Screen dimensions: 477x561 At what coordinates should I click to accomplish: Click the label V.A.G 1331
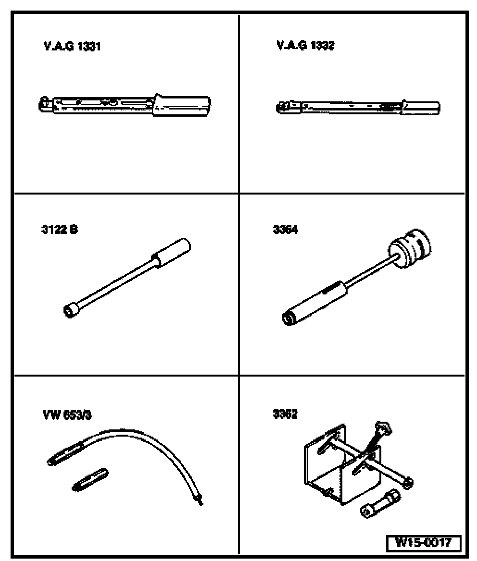72,47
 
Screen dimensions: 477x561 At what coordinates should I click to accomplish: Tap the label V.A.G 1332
306,46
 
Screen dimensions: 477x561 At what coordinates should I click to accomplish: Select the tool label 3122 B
59,229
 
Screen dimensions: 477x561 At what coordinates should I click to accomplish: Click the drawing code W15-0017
423,543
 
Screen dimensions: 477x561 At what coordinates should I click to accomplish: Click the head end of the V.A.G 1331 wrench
44,103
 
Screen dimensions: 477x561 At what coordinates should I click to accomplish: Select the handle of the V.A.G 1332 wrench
421,107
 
